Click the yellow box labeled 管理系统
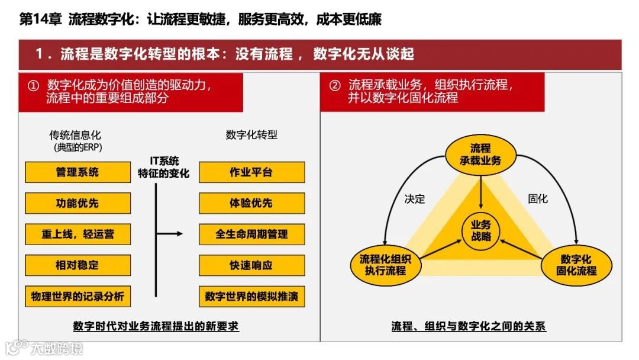click(x=78, y=172)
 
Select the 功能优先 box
click(x=78, y=203)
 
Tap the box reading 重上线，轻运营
click(x=78, y=234)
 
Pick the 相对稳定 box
click(x=78, y=265)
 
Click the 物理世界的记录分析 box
click(x=78, y=296)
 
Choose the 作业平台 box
click(x=251, y=172)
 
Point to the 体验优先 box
click(x=251, y=203)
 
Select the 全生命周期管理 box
click(x=251, y=234)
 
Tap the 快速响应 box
click(x=251, y=265)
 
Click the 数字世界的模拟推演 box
click(x=251, y=296)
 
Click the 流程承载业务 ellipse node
click(x=480, y=154)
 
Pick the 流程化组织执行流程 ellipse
click(x=385, y=265)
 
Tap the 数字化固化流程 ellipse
click(x=576, y=265)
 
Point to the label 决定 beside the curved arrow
click(x=415, y=199)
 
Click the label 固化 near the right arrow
click(x=538, y=199)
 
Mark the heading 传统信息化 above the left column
click(x=75, y=135)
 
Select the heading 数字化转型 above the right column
click(x=251, y=135)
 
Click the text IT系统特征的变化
click(x=164, y=168)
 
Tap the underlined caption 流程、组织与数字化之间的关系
click(x=469, y=326)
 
